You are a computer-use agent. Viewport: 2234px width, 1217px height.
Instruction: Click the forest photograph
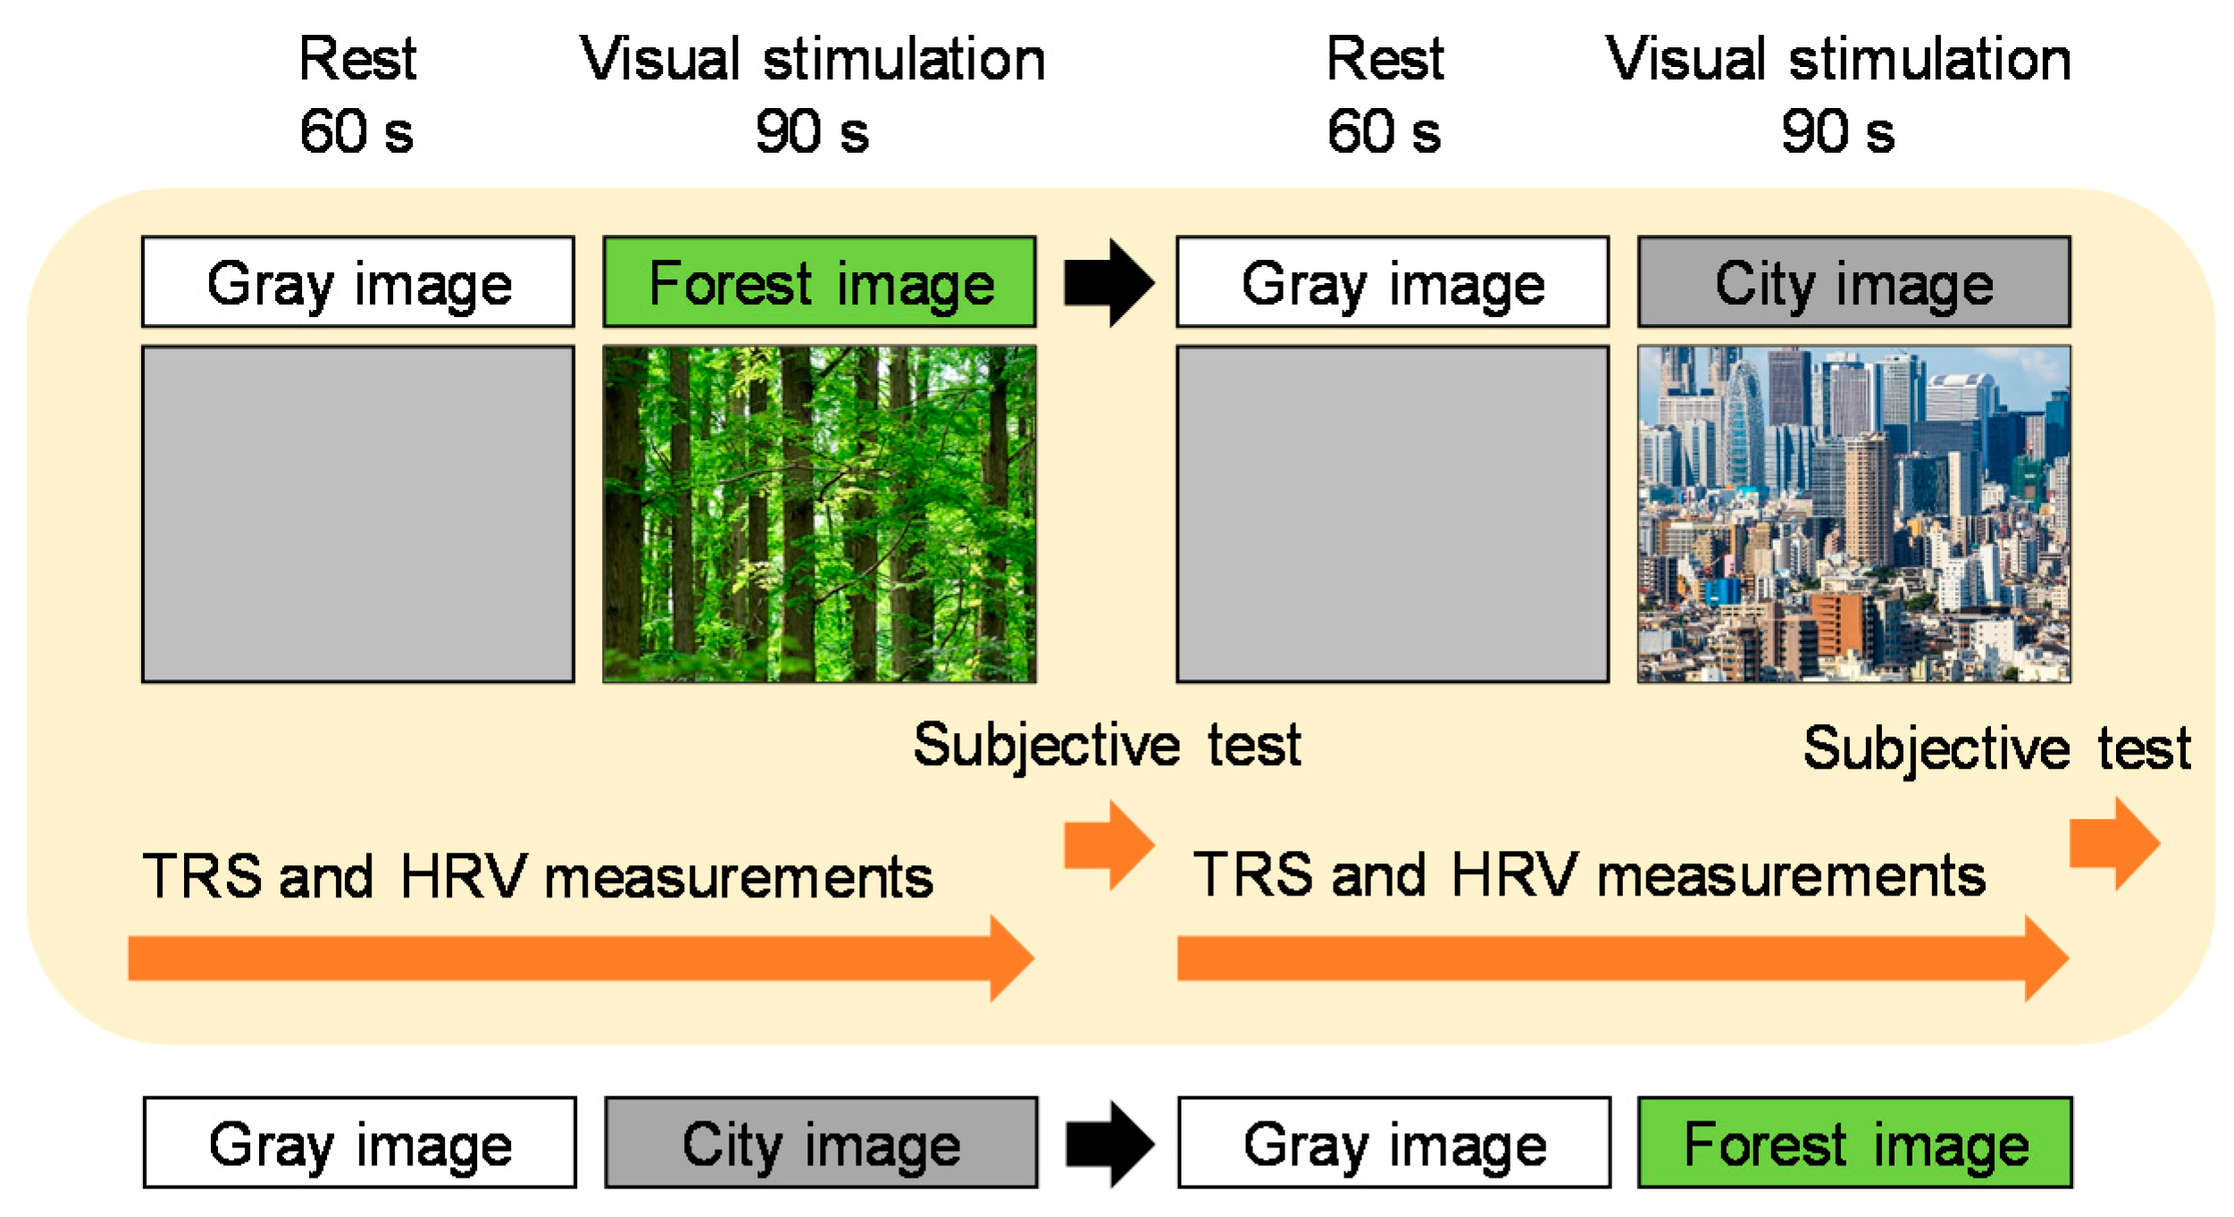pyautogui.click(x=819, y=514)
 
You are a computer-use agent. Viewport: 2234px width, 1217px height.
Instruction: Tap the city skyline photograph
pyautogui.click(x=1853, y=514)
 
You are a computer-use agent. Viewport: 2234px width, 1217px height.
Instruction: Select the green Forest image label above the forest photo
pyautogui.click(x=819, y=282)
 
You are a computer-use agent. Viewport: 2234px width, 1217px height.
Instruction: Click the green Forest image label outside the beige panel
pyautogui.click(x=1854, y=1143)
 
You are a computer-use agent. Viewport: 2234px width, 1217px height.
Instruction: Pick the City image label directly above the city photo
pyautogui.click(x=1853, y=282)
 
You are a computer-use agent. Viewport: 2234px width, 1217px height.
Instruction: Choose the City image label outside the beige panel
pyautogui.click(x=821, y=1143)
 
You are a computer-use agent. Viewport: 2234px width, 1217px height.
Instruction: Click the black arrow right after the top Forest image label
pyautogui.click(x=1109, y=282)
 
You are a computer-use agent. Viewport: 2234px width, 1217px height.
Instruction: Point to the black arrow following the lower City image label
pyautogui.click(x=1109, y=1143)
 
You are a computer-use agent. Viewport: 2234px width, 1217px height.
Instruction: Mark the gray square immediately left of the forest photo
pyautogui.click(x=358, y=514)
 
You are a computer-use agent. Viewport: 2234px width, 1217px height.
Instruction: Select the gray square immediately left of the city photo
pyautogui.click(x=1393, y=514)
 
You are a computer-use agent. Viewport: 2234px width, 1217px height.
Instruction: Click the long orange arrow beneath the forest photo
pyautogui.click(x=581, y=958)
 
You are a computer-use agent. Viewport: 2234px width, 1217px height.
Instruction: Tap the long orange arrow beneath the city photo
pyautogui.click(x=1621, y=958)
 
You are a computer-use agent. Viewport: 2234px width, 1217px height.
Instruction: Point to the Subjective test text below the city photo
pyautogui.click(x=1996, y=748)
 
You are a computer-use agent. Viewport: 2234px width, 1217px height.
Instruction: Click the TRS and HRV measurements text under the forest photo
pyautogui.click(x=538, y=876)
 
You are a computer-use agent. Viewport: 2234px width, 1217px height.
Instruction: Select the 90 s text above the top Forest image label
pyautogui.click(x=812, y=132)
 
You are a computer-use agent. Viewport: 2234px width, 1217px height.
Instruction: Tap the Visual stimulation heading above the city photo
pyautogui.click(x=1838, y=60)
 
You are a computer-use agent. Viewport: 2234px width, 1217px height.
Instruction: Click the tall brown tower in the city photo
pyautogui.click(x=1867, y=500)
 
